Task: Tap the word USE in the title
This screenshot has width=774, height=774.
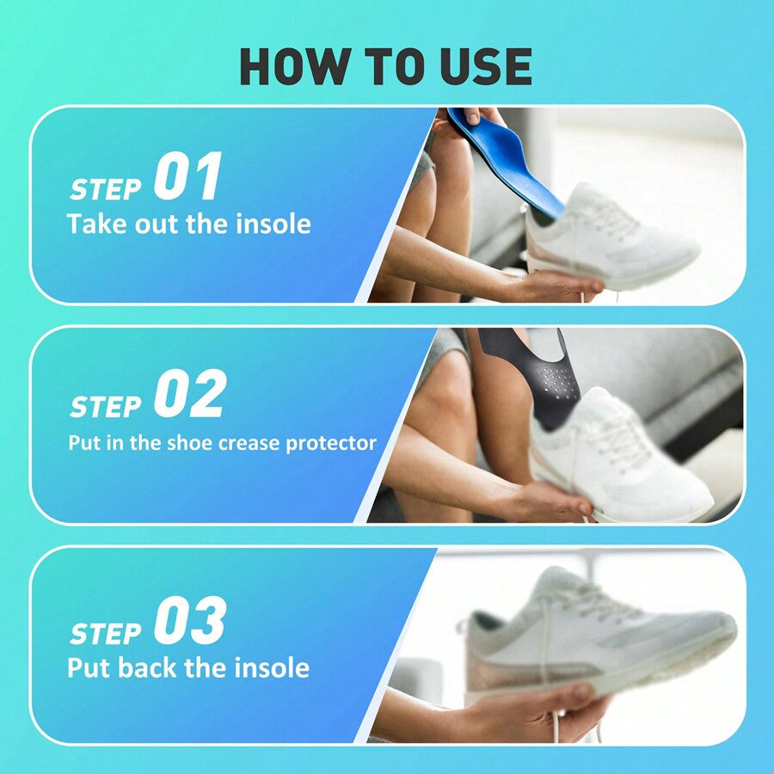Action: point(483,66)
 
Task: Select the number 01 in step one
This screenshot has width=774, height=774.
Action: point(187,177)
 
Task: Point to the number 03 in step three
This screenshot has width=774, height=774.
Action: point(189,620)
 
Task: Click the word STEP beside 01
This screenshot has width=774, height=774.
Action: point(107,188)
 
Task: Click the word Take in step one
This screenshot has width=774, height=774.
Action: point(95,224)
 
